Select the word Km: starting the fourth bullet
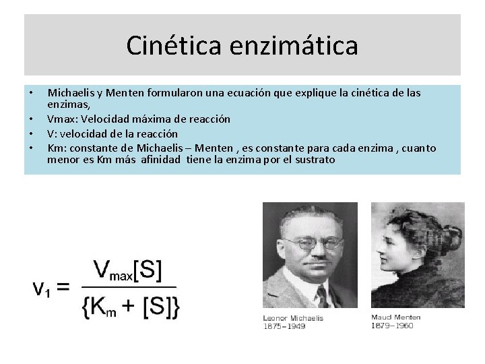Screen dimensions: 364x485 click(x=57, y=148)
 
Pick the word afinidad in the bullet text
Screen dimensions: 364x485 click(x=162, y=160)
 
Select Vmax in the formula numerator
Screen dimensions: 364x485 click(x=113, y=270)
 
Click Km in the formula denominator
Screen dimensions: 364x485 click(x=103, y=307)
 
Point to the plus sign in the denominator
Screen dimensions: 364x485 click(x=129, y=307)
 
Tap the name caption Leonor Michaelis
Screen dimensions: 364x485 click(x=293, y=318)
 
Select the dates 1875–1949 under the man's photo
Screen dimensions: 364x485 click(x=285, y=326)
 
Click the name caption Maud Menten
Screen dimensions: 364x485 click(x=395, y=317)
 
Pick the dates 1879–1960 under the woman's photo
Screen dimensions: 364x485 click(x=392, y=326)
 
